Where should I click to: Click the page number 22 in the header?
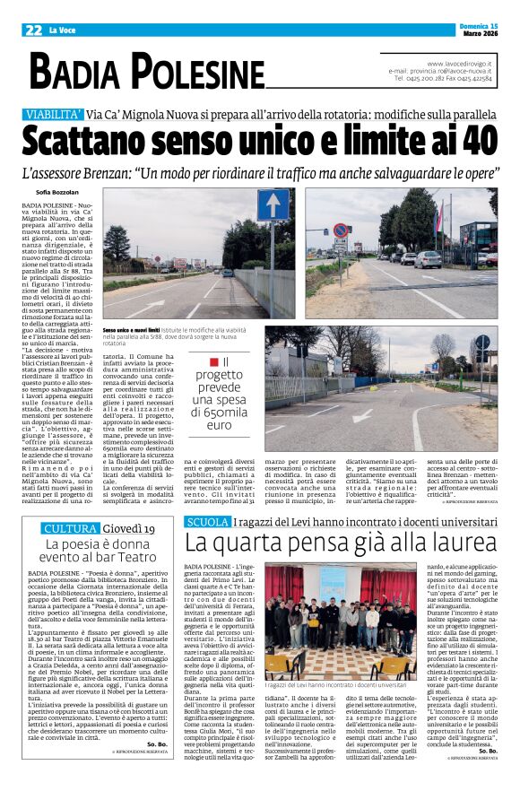(33, 30)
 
